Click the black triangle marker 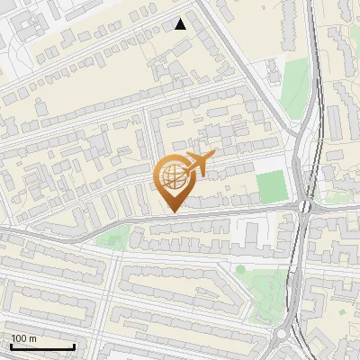(181, 24)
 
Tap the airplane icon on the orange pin (199, 164)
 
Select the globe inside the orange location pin (172, 176)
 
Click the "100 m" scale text (24, 338)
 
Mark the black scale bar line (42, 346)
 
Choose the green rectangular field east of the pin (269, 186)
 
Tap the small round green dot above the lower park (240, 269)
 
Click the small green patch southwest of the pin (114, 238)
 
